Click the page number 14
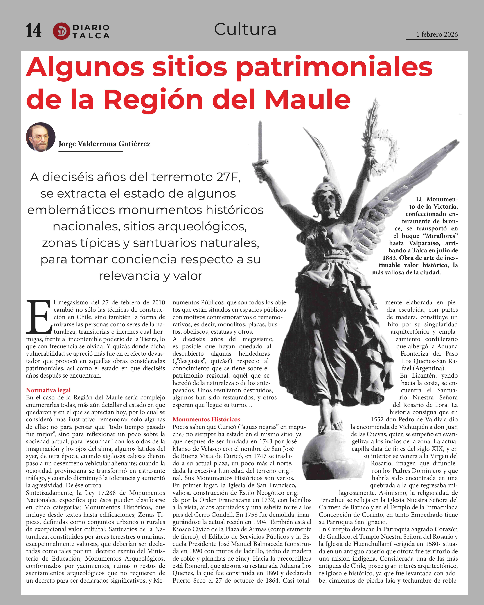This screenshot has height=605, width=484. click(33, 30)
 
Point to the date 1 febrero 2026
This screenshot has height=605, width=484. click(437, 34)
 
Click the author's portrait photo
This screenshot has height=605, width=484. click(41, 137)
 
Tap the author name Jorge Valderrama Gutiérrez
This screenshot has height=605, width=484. click(104, 144)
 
